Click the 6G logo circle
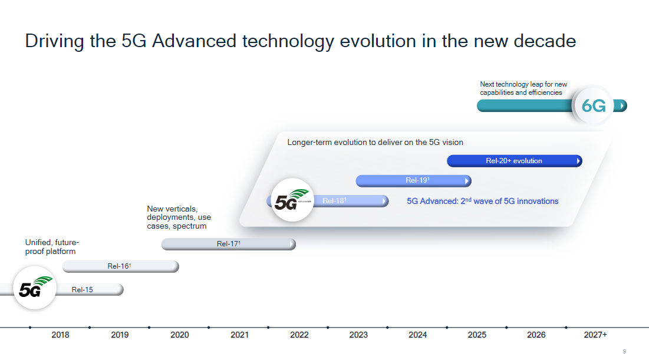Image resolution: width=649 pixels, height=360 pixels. click(594, 105)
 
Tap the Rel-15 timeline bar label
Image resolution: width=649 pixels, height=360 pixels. click(82, 290)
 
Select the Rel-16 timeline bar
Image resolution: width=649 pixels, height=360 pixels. click(120, 266)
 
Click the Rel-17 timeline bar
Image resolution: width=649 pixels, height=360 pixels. click(229, 244)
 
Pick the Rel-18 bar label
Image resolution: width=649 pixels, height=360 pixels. click(334, 201)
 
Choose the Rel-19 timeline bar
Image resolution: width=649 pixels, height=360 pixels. click(413, 180)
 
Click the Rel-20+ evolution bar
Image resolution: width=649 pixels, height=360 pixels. click(515, 160)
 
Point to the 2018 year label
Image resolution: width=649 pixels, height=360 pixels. click(61, 335)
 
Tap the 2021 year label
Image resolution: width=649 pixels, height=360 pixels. click(240, 335)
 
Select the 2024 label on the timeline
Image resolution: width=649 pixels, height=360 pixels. click(417, 335)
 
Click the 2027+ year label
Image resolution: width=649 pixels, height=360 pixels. click(595, 335)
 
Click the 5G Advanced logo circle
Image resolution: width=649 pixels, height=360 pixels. click(292, 200)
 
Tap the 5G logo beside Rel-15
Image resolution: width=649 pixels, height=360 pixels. click(35, 288)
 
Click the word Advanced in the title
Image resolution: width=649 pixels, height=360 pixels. click(194, 41)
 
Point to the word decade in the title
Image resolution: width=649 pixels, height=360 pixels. click(545, 41)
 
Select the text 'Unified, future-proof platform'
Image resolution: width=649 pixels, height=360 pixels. click(52, 247)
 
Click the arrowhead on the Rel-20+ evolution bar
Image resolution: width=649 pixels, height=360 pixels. click(579, 160)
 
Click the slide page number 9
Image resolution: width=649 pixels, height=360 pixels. click(624, 351)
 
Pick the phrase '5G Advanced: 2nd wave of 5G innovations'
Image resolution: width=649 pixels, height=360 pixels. click(483, 201)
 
